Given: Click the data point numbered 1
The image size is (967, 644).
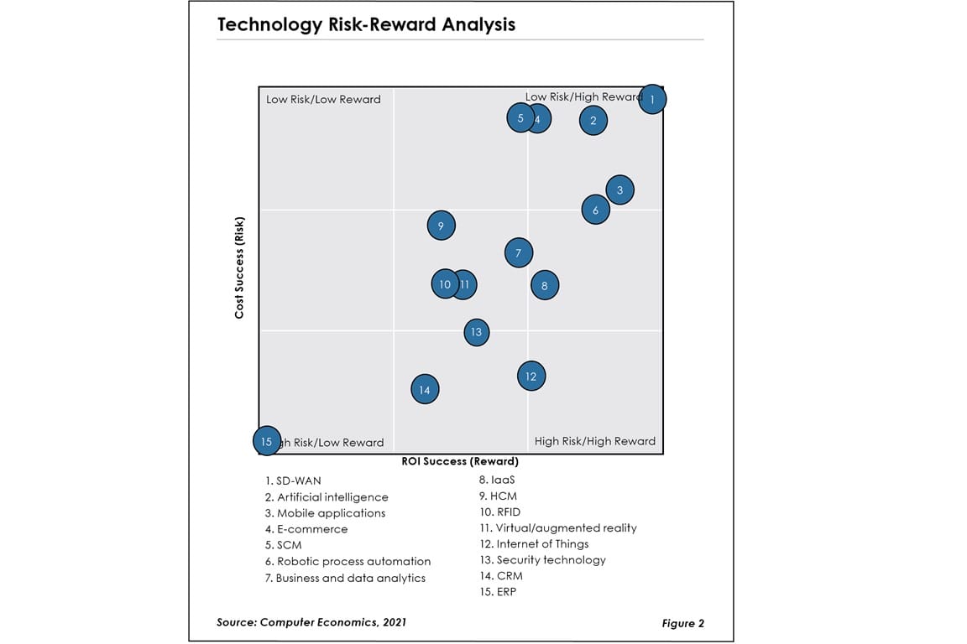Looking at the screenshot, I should [x=652, y=99].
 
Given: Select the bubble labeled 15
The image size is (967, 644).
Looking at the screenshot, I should [x=267, y=441].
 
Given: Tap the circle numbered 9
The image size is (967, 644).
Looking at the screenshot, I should [x=441, y=225].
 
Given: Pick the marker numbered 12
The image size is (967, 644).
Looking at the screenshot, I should [x=531, y=377].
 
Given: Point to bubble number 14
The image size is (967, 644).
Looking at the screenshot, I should [x=425, y=389].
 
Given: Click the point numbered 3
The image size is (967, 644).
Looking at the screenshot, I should [x=619, y=190].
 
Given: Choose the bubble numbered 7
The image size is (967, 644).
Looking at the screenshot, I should [x=519, y=252].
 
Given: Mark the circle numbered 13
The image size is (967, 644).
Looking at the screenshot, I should [x=476, y=332].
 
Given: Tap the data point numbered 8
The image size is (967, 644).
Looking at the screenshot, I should [x=545, y=286].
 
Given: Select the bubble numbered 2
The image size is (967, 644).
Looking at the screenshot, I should [x=593, y=121].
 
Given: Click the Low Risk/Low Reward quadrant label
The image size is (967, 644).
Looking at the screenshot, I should [x=323, y=100].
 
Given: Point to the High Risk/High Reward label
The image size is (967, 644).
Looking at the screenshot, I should [x=594, y=441].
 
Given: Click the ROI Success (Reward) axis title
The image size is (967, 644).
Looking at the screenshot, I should [x=459, y=461].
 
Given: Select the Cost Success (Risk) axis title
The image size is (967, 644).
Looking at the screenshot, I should [x=239, y=267].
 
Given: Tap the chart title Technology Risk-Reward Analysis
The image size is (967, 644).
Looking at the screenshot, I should [x=366, y=24].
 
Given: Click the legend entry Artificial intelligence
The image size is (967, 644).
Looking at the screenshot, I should [x=327, y=497].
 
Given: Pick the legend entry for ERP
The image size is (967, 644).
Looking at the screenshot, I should [x=500, y=591].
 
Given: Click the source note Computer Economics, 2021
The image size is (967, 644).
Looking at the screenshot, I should [x=312, y=621].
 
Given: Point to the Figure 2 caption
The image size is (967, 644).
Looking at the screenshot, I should [x=682, y=623].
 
